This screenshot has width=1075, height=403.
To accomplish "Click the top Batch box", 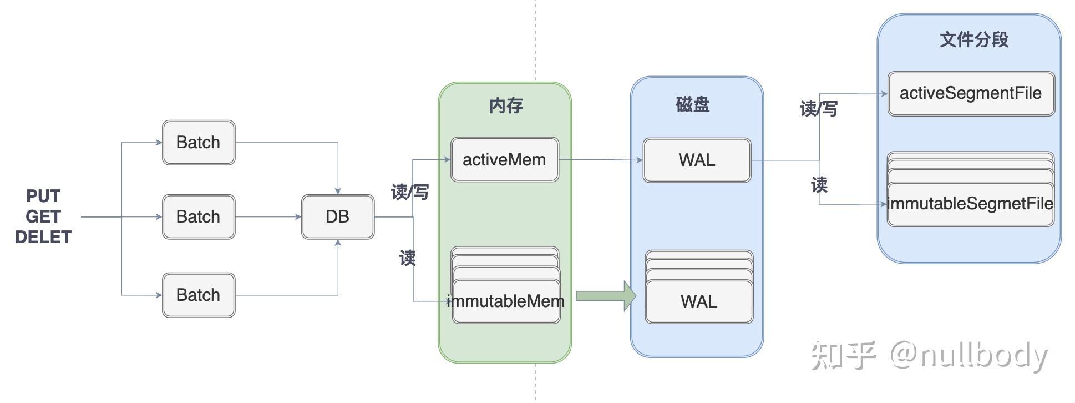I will point(198,143).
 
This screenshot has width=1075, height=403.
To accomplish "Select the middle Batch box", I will point(198,216).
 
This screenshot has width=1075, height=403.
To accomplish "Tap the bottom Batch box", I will point(198,295).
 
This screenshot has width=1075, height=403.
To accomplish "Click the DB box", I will point(337,216).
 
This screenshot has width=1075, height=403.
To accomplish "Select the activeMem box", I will point(504,160).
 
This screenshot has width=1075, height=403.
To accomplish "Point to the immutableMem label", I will point(505,301).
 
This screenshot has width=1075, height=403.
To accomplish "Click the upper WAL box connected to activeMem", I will point(697,160).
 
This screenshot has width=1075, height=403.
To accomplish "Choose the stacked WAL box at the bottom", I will point(699,301).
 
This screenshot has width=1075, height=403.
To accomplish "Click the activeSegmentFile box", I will point(971,93).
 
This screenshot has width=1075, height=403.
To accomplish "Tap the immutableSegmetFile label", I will point(970,204).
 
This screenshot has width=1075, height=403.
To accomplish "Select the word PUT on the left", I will point(43,196).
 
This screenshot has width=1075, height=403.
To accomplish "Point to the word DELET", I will point(43,237).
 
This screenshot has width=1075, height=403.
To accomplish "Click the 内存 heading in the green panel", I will point(505,105).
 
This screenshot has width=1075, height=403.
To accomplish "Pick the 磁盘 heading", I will point(692,104).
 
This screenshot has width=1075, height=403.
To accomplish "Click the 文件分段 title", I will point(973,39).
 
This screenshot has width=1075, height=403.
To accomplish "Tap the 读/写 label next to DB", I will point(409,192).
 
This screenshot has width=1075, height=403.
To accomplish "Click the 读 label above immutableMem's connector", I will point(407,258).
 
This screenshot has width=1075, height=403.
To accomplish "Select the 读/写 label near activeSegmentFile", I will point(818,108).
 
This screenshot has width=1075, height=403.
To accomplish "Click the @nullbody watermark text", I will point(968,355).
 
